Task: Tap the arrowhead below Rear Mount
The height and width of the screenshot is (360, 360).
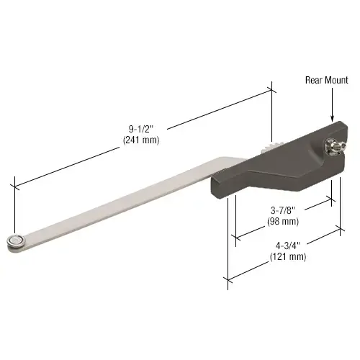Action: (333, 120)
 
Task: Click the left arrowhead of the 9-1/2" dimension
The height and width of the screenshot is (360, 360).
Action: (17, 186)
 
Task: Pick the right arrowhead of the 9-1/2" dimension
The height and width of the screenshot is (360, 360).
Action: (271, 90)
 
